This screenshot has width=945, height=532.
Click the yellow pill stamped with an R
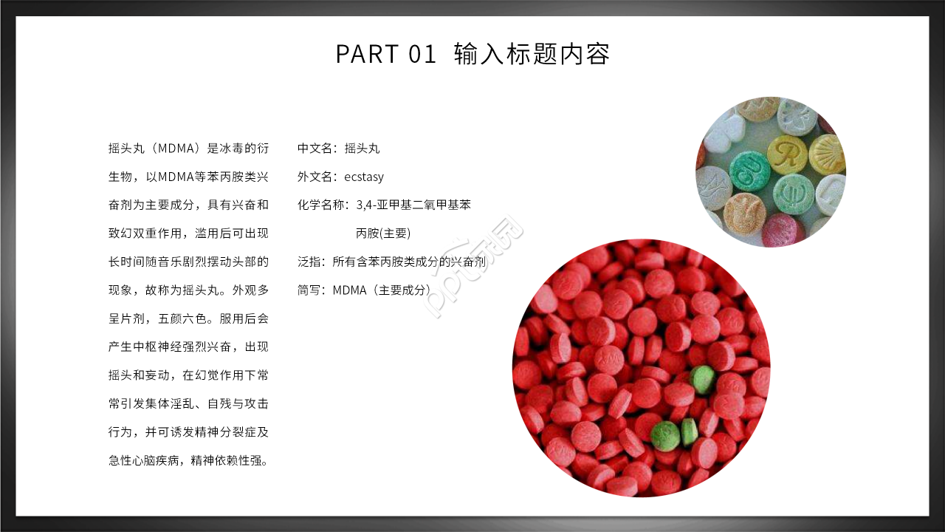point(787,154)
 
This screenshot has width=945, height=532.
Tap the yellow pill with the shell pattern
point(828,154)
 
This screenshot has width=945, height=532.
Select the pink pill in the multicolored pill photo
point(783,230)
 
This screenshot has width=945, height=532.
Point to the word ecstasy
point(364,177)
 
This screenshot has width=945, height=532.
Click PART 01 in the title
point(386,54)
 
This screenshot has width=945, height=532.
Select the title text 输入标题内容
point(532,54)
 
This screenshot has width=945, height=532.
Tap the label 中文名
point(313,149)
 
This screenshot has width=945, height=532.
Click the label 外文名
point(313,177)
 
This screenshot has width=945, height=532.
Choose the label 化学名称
point(320,205)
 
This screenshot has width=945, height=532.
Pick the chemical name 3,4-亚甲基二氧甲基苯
point(413,205)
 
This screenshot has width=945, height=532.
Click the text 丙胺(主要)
point(383,233)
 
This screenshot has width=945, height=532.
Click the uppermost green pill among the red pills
point(702,378)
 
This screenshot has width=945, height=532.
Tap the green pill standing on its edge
point(690,432)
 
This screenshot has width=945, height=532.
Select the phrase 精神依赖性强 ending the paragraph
point(225,460)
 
